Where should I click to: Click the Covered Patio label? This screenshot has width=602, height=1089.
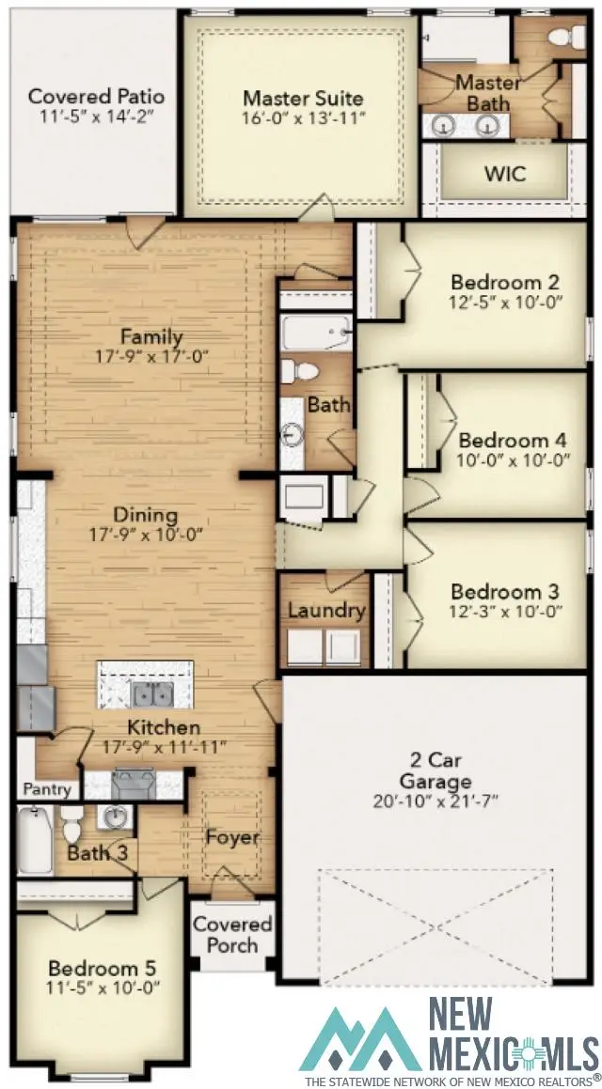(x=96, y=96)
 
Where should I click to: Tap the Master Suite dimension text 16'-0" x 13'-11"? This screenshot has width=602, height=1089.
(x=303, y=118)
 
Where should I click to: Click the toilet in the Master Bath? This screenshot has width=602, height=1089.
(x=562, y=37)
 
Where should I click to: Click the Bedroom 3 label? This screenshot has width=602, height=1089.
(x=504, y=592)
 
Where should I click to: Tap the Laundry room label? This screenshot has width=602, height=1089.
(x=325, y=611)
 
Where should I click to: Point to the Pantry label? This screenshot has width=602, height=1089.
(x=47, y=789)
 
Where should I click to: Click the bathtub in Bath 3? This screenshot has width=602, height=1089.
(x=35, y=840)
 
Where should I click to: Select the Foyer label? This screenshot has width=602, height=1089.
(x=233, y=837)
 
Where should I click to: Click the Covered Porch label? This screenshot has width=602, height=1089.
(x=232, y=935)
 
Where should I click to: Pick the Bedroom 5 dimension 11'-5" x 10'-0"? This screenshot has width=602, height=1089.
(x=103, y=988)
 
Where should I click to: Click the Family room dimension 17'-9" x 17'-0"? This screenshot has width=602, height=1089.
(x=150, y=356)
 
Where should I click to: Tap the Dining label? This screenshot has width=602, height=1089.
(x=145, y=515)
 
